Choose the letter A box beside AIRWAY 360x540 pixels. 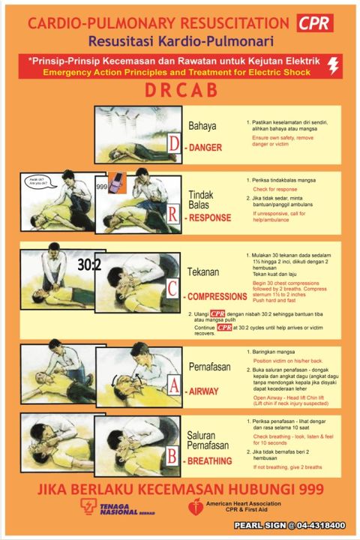173,386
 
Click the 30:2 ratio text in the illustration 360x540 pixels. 89,265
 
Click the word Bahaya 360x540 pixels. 202,125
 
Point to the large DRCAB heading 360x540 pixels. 180,91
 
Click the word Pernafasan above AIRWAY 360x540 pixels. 208,367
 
